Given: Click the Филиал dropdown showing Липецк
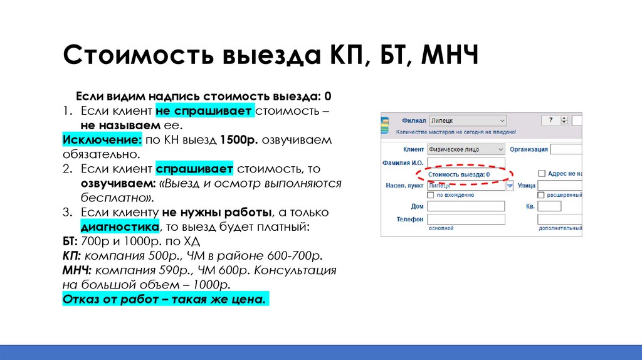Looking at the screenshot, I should tap(466, 120).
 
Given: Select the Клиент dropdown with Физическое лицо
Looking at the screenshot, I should tap(465, 149).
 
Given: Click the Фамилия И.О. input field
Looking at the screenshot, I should tap(465, 162).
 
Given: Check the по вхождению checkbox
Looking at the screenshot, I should tap(431, 195).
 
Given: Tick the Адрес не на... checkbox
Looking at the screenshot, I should tap(542, 174).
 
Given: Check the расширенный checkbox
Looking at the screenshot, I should tap(542, 195).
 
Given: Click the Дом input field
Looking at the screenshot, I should tap(465, 206).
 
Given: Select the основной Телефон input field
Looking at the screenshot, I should tap(465, 220).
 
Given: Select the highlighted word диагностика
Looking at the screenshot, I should tap(119, 226).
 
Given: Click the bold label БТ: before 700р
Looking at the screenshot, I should tap(70, 241).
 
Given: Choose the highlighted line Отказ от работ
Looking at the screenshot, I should tap(166, 299).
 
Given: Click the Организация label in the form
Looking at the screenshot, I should tap(529, 149).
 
